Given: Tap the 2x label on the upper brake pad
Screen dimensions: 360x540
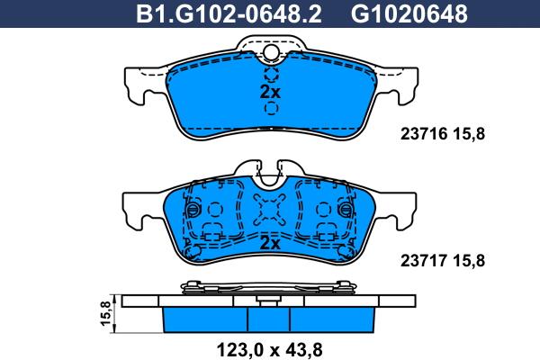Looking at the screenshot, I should coord(270,92).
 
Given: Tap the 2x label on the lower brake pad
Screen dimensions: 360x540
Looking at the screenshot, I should coord(270,243).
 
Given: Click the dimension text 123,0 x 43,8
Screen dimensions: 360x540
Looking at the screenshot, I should coord(269,346).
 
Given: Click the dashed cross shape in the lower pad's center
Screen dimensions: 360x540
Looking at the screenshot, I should coord(270,212).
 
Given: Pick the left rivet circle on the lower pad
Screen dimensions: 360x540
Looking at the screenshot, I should coord(191,210).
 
